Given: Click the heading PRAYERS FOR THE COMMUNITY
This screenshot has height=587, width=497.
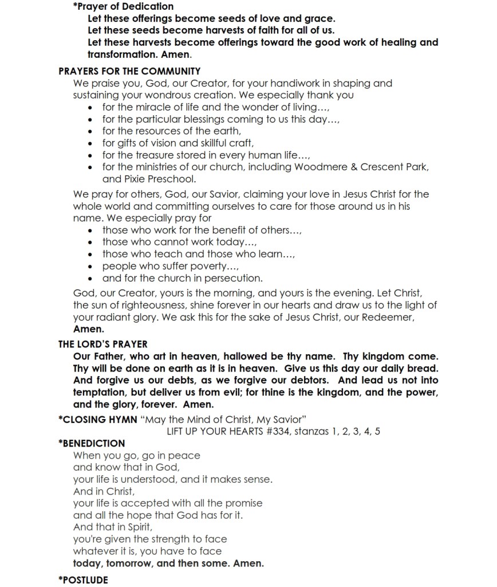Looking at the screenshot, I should click(x=129, y=71).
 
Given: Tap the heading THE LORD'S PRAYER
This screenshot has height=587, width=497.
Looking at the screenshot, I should click(x=103, y=344).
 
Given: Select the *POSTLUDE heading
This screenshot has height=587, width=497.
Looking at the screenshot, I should click(x=83, y=580).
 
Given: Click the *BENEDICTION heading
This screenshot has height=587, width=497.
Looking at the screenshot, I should click(x=92, y=443).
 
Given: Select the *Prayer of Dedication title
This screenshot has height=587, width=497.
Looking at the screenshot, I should click(x=123, y=6).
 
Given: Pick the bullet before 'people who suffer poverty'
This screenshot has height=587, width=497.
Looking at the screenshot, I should click(x=92, y=267).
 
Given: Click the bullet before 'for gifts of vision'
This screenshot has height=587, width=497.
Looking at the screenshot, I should click(x=92, y=143).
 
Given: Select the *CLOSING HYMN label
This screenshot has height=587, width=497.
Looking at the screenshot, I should click(x=98, y=419).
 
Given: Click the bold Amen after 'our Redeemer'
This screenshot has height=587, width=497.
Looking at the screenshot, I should click(x=89, y=329).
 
